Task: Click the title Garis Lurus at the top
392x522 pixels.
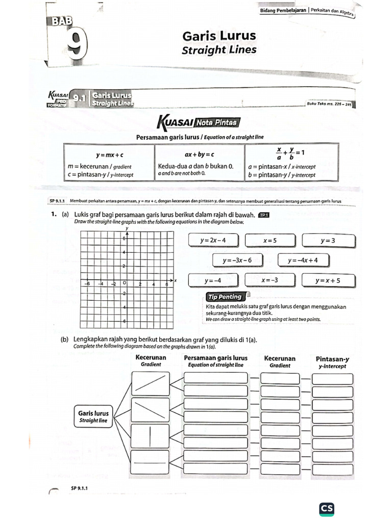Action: click(x=219, y=36)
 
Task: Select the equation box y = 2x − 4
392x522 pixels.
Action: click(x=213, y=240)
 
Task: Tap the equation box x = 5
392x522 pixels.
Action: click(x=270, y=240)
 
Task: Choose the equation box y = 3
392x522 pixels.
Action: click(x=327, y=240)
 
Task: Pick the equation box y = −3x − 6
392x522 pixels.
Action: click(x=237, y=260)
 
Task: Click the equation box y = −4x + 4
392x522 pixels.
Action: click(x=303, y=260)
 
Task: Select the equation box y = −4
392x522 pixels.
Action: click(x=213, y=280)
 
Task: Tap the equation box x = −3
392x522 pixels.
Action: click(x=270, y=280)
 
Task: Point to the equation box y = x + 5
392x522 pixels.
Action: click(x=327, y=280)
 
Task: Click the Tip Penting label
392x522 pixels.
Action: click(x=224, y=297)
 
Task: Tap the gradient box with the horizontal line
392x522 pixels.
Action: click(x=150, y=463)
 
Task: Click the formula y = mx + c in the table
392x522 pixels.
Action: click(x=110, y=154)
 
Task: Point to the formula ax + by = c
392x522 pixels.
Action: click(x=199, y=154)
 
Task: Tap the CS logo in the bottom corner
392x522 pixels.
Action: click(x=326, y=508)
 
